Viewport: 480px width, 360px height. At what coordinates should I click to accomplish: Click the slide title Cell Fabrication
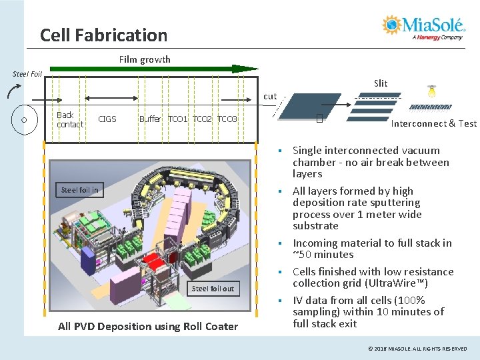click(x=103, y=35)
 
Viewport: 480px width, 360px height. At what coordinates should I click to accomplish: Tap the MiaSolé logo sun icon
click(x=393, y=25)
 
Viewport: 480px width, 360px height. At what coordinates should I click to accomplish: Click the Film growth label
click(x=145, y=59)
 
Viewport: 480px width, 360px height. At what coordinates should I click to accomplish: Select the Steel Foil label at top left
click(x=27, y=73)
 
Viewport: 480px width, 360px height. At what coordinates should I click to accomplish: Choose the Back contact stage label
click(x=70, y=119)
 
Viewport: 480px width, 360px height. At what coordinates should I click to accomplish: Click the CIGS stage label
click(x=107, y=119)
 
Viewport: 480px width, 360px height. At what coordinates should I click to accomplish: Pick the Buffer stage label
click(x=150, y=119)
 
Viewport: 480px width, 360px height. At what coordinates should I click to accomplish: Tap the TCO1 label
click(x=177, y=119)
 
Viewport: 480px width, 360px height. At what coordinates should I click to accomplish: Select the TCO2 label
click(x=202, y=119)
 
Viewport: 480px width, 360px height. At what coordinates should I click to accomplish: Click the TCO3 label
click(x=227, y=119)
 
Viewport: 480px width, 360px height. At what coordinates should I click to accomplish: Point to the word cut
click(x=269, y=96)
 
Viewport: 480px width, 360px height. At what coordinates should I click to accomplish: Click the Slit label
click(x=381, y=83)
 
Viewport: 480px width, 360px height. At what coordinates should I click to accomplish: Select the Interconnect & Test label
click(x=433, y=123)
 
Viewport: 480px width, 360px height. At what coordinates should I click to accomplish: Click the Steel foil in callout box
click(x=79, y=190)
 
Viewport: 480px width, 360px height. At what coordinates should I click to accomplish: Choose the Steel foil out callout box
click(x=213, y=289)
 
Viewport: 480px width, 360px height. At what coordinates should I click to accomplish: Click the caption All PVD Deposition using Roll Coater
click(x=147, y=326)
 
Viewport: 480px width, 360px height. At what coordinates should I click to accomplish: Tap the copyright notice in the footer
click(x=416, y=349)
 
